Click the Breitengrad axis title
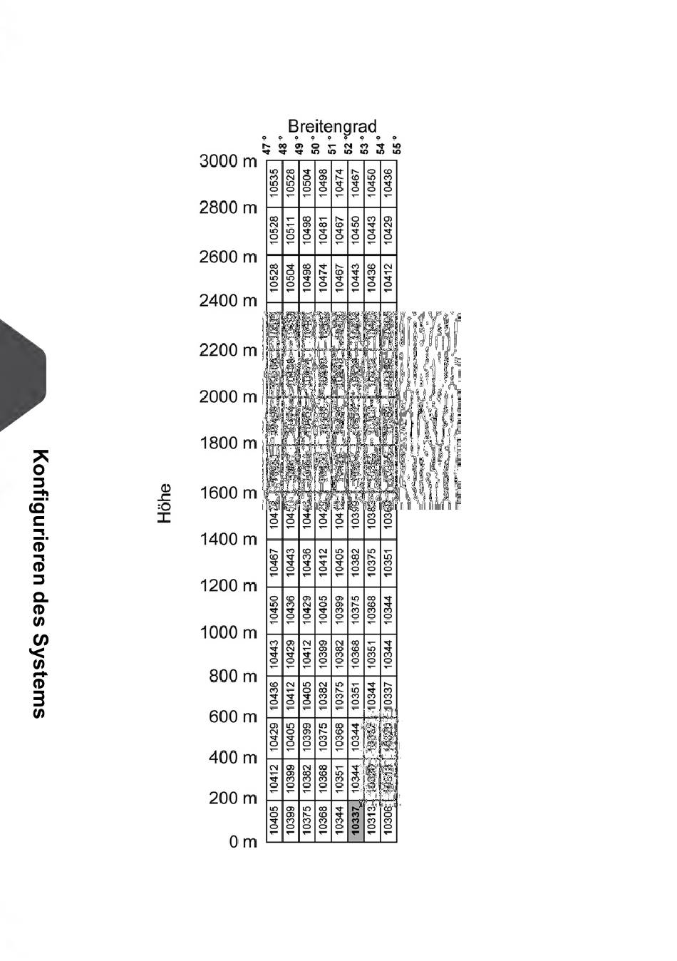(x=331, y=127)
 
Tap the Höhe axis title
(x=165, y=503)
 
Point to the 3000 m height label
(x=227, y=161)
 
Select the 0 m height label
(x=242, y=842)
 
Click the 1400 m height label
(x=227, y=540)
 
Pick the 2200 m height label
(x=227, y=351)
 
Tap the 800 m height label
(x=232, y=676)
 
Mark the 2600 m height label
(x=227, y=257)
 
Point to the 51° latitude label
(x=331, y=148)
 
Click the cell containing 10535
(x=274, y=183)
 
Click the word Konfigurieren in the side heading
(x=41, y=524)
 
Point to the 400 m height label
(x=232, y=758)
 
